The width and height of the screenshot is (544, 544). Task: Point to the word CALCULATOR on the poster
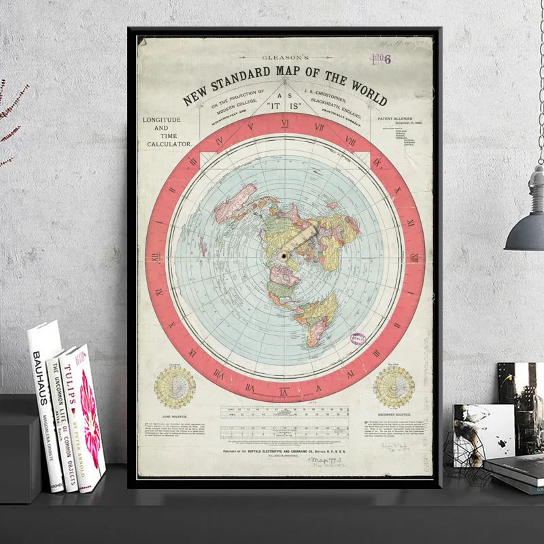(x=167, y=144)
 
